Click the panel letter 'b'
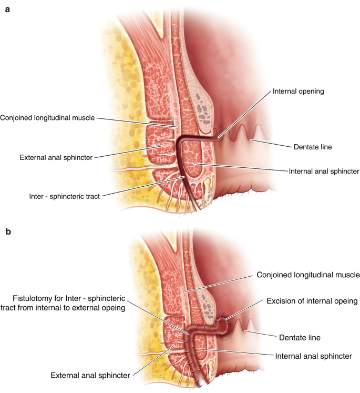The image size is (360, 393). (x=7, y=231)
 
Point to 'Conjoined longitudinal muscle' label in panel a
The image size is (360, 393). (x=55, y=117)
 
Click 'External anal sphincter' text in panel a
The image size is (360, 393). (x=56, y=157)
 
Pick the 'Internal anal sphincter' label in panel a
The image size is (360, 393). (x=324, y=171)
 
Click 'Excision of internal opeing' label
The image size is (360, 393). (x=312, y=301)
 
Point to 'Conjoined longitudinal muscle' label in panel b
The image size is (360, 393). (x=308, y=275)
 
